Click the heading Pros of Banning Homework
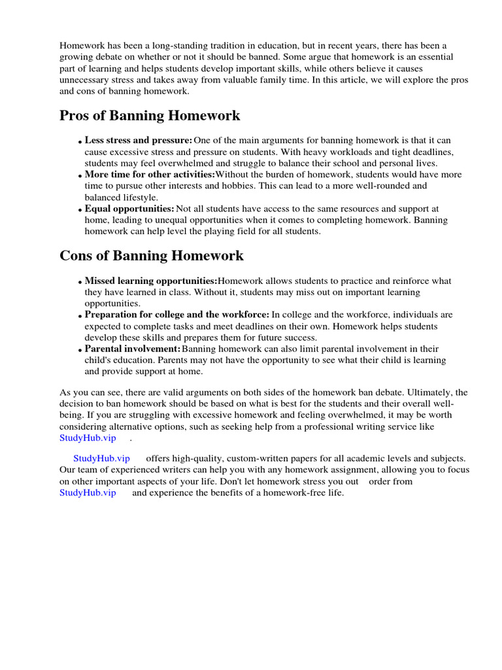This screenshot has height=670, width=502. click(150, 116)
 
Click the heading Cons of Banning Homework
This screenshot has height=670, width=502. click(151, 256)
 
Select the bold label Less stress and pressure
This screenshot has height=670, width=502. click(138, 141)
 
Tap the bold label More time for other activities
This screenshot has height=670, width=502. click(150, 175)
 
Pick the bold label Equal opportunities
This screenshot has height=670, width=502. click(129, 209)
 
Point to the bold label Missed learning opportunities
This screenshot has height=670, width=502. click(151, 281)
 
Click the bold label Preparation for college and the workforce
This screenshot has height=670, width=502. click(176, 315)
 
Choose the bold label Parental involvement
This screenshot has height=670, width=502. click(132, 349)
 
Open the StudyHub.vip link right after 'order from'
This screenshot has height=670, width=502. click(88, 493)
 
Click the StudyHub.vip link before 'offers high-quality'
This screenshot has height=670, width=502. click(101, 459)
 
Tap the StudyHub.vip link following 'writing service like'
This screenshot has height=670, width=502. click(88, 438)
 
